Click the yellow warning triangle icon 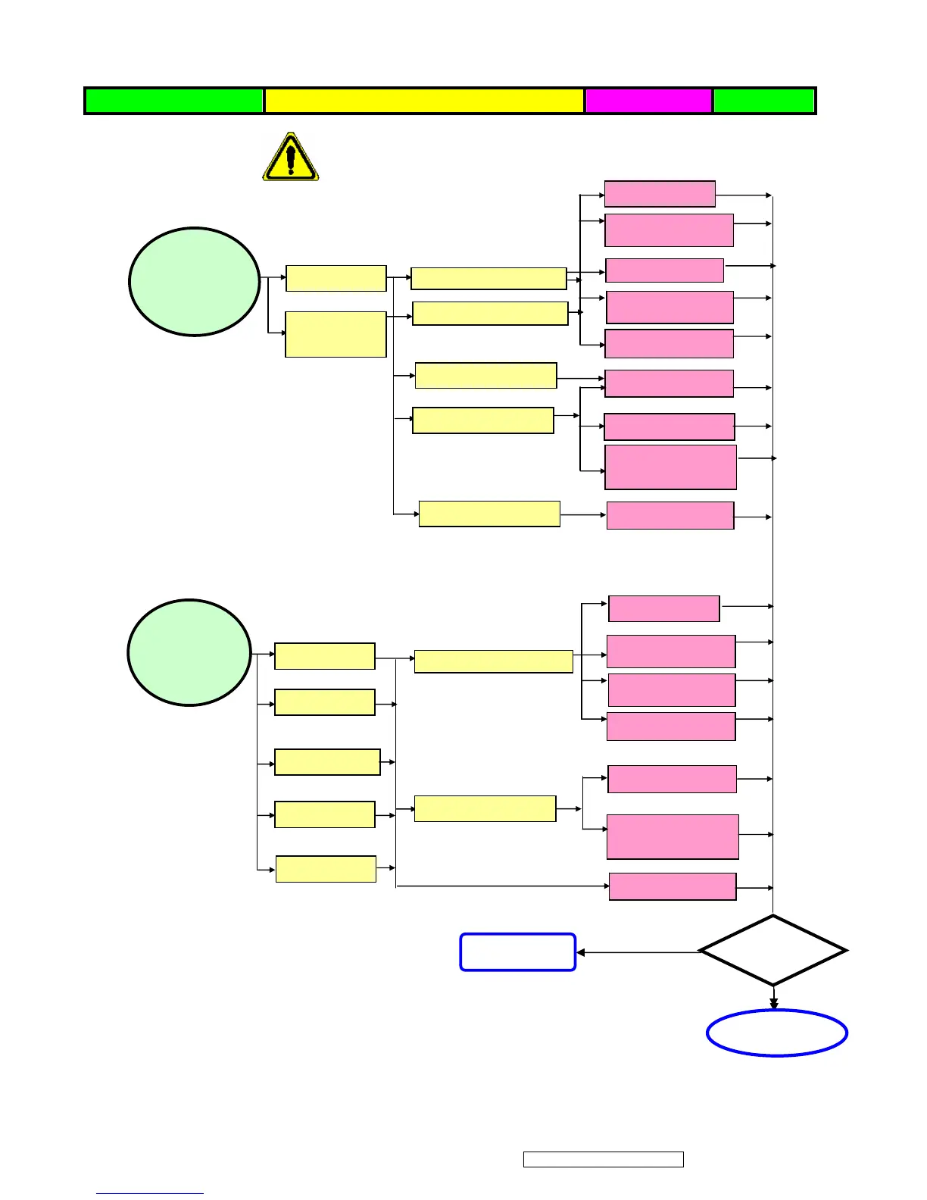click(291, 158)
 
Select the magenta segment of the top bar click(648, 101)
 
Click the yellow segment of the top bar click(424, 101)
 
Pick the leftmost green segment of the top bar click(174, 101)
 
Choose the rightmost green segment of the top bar click(764, 101)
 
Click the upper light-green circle click(195, 281)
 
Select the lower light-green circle click(189, 653)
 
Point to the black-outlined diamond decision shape click(772, 951)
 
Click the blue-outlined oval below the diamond click(777, 1033)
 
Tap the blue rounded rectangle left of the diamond click(518, 952)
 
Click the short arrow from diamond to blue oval click(773, 997)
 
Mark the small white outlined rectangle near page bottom click(604, 1159)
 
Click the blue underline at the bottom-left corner click(150, 1193)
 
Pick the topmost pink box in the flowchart click(660, 194)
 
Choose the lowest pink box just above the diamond click(673, 886)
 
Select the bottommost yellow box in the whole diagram click(326, 869)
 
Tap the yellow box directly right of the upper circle click(336, 278)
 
